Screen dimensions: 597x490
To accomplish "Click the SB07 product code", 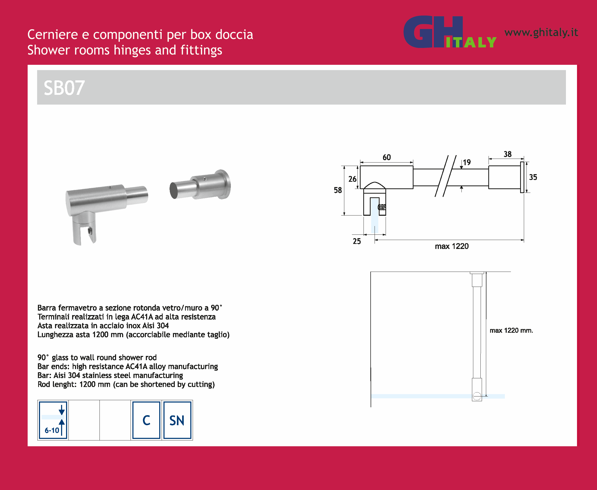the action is coord(64,88).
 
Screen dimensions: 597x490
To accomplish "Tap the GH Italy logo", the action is coord(450,32).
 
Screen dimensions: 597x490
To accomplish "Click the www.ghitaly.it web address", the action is coord(541,32).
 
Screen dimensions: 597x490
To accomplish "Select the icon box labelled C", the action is coord(146,420).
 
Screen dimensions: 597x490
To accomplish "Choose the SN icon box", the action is coord(177,420).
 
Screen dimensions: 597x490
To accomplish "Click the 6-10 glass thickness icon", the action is coord(53,420).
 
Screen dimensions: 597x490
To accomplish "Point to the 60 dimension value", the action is coord(387,157).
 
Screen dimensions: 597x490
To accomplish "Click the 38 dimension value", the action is coord(508,154).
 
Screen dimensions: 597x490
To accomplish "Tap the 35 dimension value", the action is coord(533,177).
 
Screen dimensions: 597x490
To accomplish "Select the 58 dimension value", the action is coord(338,190).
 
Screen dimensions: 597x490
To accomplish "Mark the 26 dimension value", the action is coord(352,179).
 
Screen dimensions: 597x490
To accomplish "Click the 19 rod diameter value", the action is coord(467,162).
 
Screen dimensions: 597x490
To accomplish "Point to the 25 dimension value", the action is coord(357,241).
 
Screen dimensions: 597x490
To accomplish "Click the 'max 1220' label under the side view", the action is coord(452,246).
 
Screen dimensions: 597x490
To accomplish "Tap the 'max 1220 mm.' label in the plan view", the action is coord(511,330).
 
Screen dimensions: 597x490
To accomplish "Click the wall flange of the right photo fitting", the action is coord(225,184).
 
